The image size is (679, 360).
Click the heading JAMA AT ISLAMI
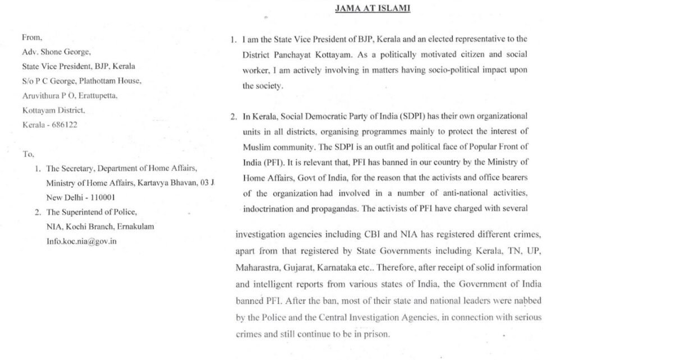373,8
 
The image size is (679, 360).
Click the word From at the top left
31,38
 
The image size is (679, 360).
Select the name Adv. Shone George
56,52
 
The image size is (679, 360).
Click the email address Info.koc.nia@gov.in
82,241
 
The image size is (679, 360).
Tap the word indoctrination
269,209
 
